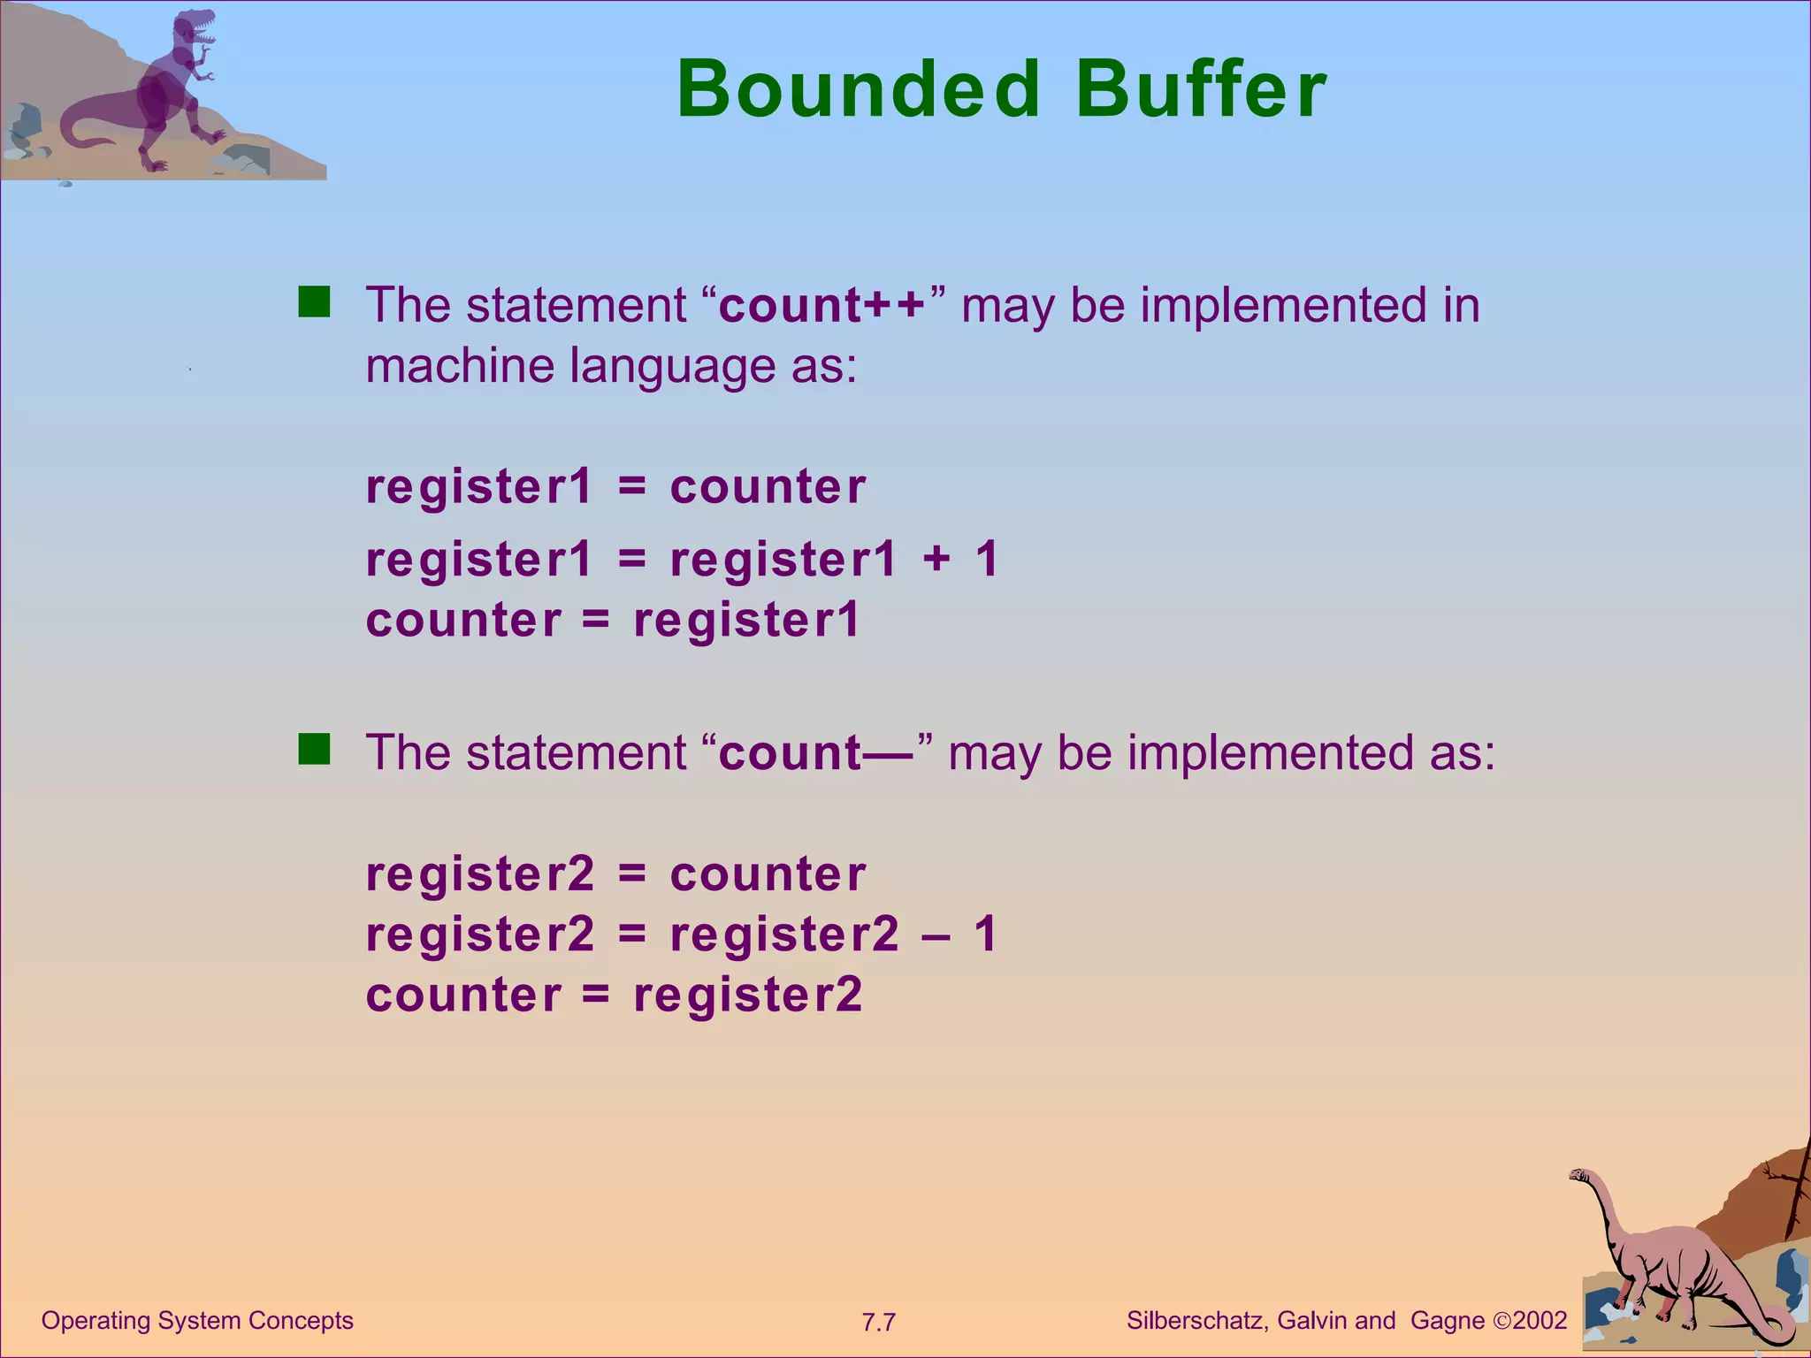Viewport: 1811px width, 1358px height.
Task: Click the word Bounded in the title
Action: click(858, 89)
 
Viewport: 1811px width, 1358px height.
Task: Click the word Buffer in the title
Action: click(1201, 89)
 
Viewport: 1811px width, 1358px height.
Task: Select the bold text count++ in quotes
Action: click(821, 305)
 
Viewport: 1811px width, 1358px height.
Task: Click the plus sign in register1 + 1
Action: click(936, 560)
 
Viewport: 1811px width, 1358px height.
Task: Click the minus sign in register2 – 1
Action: click(936, 935)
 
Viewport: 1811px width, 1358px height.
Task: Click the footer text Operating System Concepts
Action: click(197, 1321)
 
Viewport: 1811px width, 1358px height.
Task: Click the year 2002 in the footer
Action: click(1540, 1321)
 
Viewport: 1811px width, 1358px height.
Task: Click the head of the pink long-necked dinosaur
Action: click(1579, 1176)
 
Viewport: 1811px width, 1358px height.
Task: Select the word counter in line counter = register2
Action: click(463, 996)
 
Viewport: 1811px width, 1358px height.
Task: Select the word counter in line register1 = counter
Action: click(768, 487)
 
